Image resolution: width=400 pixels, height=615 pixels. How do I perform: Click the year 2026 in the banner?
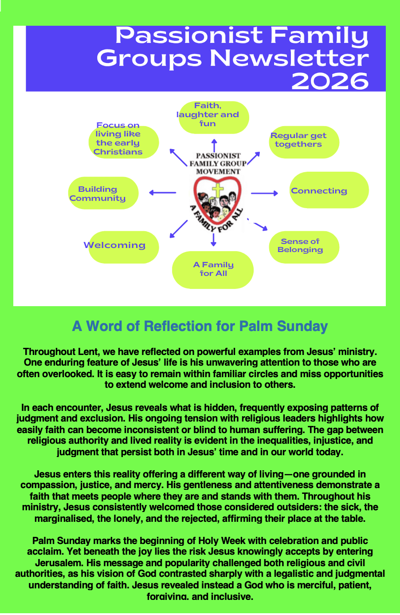(330, 81)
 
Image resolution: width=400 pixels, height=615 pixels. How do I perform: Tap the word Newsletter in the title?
(289, 59)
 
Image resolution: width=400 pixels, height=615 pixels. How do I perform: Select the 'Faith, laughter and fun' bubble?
(214, 117)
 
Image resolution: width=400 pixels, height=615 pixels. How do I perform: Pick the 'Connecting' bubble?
(329, 190)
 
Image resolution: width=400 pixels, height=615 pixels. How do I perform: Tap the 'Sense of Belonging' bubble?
(304, 247)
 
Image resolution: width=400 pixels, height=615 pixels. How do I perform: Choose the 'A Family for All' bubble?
(213, 270)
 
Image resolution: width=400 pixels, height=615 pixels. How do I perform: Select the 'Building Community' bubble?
(103, 193)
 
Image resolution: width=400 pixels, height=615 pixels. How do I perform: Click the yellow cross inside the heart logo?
(217, 190)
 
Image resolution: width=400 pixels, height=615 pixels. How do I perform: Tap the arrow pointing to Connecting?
(264, 193)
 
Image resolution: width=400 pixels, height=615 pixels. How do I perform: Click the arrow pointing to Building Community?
(162, 193)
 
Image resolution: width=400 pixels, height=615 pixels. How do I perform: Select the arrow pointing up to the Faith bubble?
(214, 145)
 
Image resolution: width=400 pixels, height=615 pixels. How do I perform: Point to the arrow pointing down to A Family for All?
(214, 239)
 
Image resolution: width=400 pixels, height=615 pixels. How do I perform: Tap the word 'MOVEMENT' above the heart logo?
(218, 171)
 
